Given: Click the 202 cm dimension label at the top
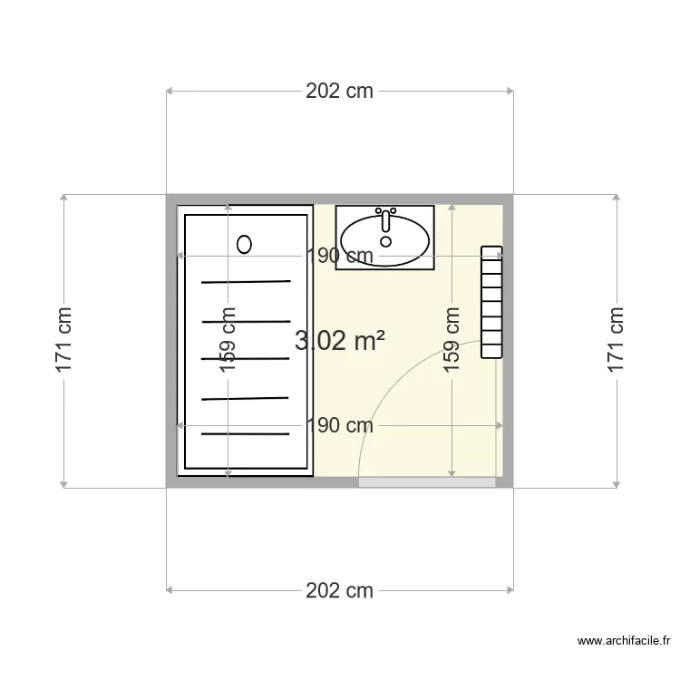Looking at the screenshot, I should [339, 91].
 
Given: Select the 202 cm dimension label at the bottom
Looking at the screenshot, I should [339, 591].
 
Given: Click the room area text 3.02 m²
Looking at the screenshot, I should [340, 341].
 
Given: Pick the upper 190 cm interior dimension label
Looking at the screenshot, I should [339, 257].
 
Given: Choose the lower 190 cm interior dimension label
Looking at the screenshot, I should [339, 425].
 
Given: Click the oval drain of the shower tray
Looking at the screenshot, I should [244, 243].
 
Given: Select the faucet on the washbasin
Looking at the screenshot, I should [386, 220].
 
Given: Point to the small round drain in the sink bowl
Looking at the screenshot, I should [386, 242].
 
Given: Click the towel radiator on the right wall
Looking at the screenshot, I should [491, 302].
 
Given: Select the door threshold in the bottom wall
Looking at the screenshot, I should [427, 482].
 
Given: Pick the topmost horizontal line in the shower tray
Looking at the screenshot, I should [246, 282].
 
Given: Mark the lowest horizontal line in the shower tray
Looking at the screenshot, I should [246, 433].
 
